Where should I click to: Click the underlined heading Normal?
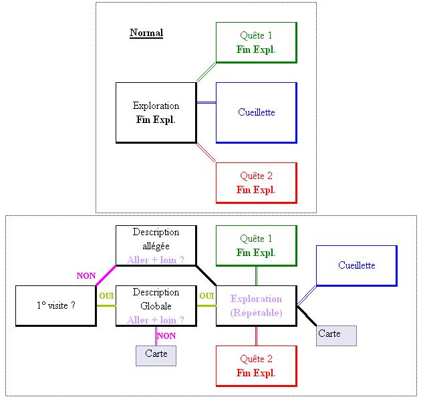(146, 33)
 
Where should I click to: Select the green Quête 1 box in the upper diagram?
(256, 42)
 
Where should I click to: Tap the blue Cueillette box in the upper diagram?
(256, 112)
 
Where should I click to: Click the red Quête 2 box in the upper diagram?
(256, 182)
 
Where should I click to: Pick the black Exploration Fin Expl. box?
(156, 112)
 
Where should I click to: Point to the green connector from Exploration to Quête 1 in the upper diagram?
(206, 72)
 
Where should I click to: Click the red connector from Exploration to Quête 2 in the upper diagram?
(206, 152)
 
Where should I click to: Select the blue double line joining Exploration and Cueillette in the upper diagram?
(206, 102)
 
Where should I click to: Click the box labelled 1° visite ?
(55, 305)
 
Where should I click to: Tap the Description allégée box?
(156, 245)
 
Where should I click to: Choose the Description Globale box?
(156, 305)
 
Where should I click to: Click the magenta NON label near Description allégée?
(86, 275)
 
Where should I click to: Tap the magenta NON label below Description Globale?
(166, 336)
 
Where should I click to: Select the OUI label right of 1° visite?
(106, 296)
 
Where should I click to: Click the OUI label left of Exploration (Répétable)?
(206, 296)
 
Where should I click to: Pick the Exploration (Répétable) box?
(256, 305)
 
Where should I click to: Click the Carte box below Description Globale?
(156, 356)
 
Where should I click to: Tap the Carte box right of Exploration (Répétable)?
(336, 335)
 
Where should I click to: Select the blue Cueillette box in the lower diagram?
(356, 265)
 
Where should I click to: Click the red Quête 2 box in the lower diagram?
(256, 366)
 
